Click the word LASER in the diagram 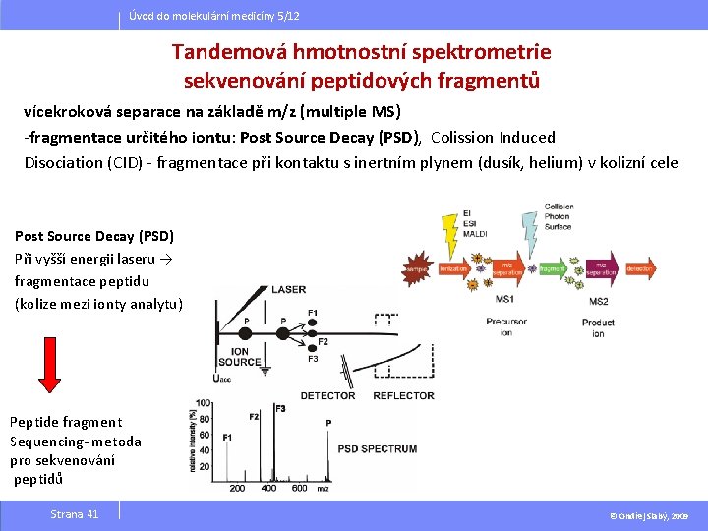288,289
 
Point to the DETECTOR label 327,396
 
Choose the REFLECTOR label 404,396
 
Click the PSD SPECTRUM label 378,449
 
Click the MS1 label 504,299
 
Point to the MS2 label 598,300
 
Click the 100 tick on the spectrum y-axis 203,403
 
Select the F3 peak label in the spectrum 280,407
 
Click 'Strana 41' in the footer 75,514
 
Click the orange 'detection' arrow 640,267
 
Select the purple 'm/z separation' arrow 505,268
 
